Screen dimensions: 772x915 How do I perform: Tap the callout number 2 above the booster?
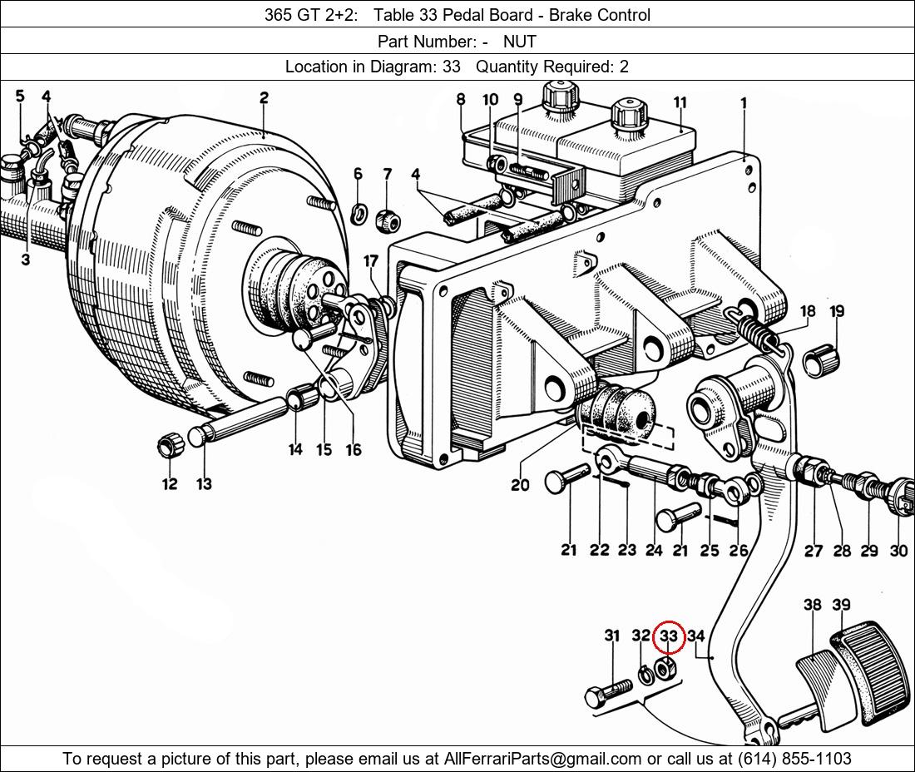pyautogui.click(x=264, y=97)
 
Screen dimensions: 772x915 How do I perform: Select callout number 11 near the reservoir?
pyautogui.click(x=680, y=103)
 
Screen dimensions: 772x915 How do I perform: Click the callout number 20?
pyautogui.click(x=520, y=484)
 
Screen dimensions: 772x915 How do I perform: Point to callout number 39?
pyautogui.click(x=841, y=605)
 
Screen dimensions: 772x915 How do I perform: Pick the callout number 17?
pyautogui.click(x=371, y=262)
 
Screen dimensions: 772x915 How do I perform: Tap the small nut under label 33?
pyautogui.click(x=664, y=666)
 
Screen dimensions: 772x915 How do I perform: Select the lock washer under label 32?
pyautogui.click(x=644, y=672)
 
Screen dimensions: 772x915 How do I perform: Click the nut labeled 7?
pyautogui.click(x=388, y=220)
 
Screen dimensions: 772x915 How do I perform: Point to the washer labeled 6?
pyautogui.click(x=359, y=214)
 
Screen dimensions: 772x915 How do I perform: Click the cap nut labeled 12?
pyautogui.click(x=169, y=446)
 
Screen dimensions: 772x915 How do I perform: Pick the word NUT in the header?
pyautogui.click(x=520, y=41)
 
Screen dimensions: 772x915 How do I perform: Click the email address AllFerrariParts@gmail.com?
pyautogui.click(x=543, y=759)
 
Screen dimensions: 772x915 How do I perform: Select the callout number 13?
pyautogui.click(x=204, y=483)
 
